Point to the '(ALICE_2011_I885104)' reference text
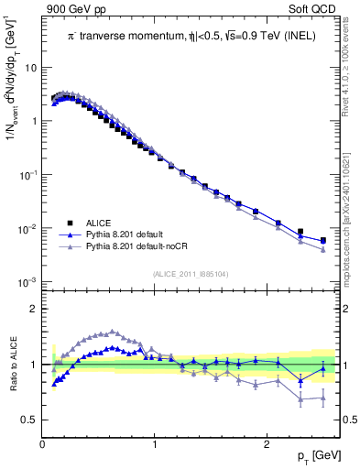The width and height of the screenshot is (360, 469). [x=190, y=272]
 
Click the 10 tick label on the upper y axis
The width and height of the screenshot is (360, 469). [x=32, y=68]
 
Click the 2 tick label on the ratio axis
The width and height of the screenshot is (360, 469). [x=34, y=309]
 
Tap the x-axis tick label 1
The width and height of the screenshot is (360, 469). [x=154, y=443]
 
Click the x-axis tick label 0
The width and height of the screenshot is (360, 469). [x=42, y=443]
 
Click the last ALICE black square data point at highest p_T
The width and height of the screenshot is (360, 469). [x=322, y=240]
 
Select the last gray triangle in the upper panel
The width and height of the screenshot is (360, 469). [x=322, y=249]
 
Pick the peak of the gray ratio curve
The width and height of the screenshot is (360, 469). [x=113, y=332]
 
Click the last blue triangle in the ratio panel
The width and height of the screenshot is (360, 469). [x=322, y=368]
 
